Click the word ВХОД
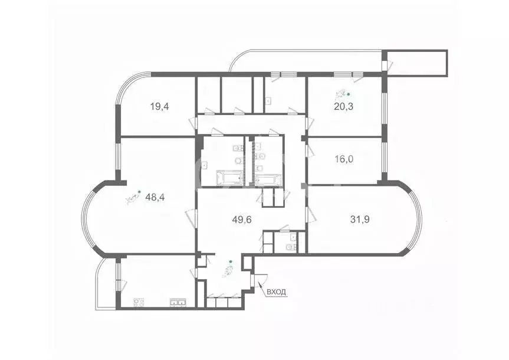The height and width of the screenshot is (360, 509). (277, 292)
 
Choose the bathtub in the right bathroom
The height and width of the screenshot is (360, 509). (268, 179)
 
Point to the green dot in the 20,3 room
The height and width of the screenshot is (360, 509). (348, 94)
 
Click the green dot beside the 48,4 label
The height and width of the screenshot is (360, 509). (139, 191)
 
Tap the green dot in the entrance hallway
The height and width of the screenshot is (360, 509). (231, 261)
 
